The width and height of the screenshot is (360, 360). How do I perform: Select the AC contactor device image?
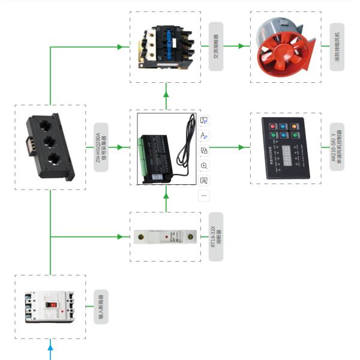point(165,46)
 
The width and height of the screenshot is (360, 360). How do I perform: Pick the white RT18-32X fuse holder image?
point(165,236)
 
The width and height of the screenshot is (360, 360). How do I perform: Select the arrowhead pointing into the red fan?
point(247,46)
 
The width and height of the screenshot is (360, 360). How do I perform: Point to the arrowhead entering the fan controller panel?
point(247,147)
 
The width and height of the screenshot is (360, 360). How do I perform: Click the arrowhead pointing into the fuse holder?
point(127,236)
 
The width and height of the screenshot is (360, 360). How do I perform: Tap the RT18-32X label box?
point(215,236)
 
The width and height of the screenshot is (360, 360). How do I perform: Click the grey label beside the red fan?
point(337,47)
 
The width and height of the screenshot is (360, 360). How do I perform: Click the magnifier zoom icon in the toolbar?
point(204,165)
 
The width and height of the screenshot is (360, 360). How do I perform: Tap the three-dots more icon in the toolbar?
point(204,195)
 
